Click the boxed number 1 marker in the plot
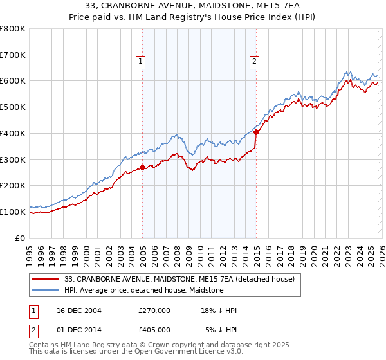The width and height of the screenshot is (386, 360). (140, 62)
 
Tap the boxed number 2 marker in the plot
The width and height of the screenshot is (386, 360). (254, 62)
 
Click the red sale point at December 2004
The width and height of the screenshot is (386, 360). (143, 167)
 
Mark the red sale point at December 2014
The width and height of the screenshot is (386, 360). (256, 132)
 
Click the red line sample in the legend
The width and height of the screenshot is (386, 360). (46, 279)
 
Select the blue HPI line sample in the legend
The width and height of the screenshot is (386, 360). (46, 290)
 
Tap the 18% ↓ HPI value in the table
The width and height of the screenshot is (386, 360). (219, 311)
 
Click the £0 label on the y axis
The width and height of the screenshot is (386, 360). (20, 238)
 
